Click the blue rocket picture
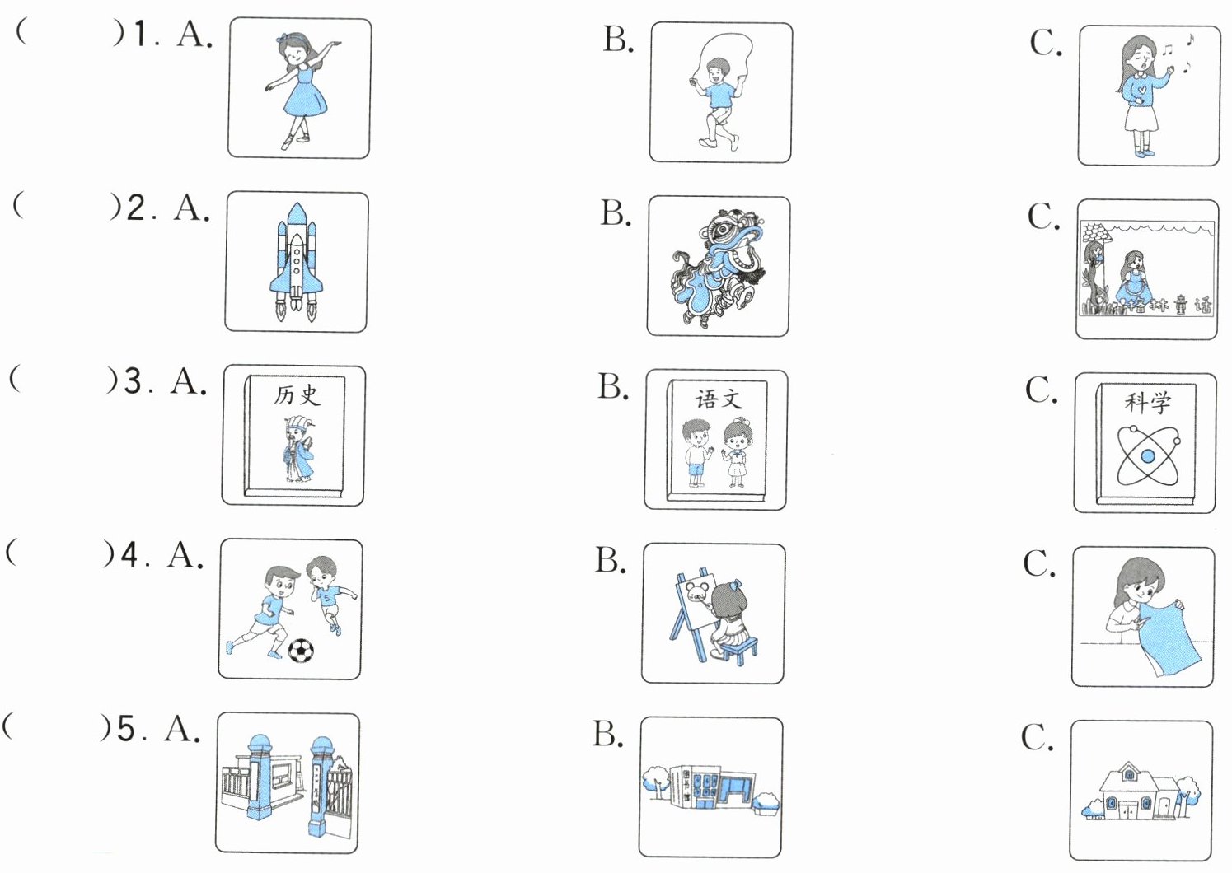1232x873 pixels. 297,261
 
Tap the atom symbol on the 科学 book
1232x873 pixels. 1147,455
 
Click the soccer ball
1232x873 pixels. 301,651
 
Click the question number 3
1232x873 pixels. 133,382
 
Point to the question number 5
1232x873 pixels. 126,730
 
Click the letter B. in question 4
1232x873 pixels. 611,561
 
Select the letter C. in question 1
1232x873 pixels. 1045,43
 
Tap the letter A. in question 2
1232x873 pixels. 191,208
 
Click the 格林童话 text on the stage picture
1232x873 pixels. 1170,307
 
